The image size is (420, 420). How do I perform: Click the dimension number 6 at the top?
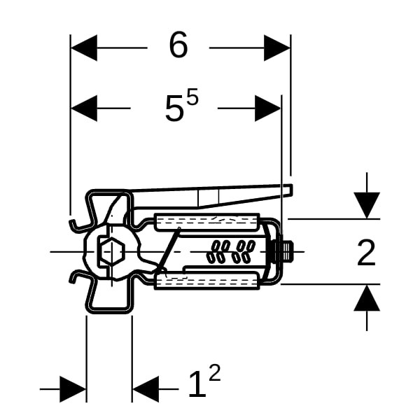point(178,46)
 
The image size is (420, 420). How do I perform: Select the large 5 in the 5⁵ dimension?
point(174,109)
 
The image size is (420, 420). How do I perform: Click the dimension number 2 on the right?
point(366,253)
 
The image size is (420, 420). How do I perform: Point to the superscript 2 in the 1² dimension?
point(214,373)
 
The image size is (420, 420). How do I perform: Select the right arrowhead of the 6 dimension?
point(277,48)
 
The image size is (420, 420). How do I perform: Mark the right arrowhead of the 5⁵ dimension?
point(268,108)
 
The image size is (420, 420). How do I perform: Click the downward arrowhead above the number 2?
point(367,205)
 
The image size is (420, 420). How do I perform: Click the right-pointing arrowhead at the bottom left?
point(73,389)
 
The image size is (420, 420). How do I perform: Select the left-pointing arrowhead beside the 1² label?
point(145,389)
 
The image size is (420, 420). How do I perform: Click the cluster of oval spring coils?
point(230,251)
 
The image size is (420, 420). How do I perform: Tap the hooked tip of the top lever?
point(288,190)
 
